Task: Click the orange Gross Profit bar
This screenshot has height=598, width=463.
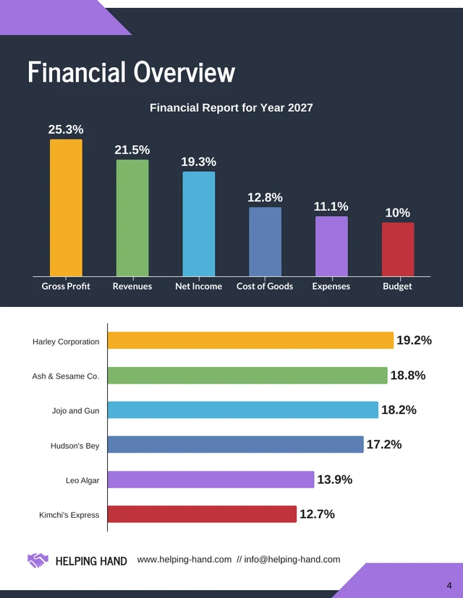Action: coord(66,207)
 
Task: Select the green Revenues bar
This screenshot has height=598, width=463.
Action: coord(132,217)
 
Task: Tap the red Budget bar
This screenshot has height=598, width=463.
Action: coord(398,249)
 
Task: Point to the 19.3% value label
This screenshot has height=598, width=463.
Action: coord(198,162)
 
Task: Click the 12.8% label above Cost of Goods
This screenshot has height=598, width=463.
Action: coord(265,198)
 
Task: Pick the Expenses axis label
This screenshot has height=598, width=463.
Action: coord(331,286)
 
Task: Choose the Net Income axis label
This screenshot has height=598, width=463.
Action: coord(198,286)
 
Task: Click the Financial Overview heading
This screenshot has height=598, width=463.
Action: coord(132,73)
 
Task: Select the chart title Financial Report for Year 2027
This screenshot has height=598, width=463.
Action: coord(231,108)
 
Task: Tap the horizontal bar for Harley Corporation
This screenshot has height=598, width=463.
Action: coord(250,341)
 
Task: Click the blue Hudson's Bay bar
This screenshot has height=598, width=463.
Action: coord(235,445)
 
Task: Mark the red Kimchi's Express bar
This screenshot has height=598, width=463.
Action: coord(202,514)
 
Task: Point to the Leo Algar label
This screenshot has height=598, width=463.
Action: coord(82,480)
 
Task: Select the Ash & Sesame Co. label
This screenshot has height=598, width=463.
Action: coord(66,376)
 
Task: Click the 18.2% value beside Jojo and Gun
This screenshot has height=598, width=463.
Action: coord(399,410)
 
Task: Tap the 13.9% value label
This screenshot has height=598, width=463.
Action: coord(335,480)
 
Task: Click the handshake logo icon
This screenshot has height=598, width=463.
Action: coord(38,560)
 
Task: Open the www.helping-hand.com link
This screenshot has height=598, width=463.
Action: coord(184,560)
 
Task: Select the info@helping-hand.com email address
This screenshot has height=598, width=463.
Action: coord(292,560)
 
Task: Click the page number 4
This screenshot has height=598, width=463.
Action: coord(449,584)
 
